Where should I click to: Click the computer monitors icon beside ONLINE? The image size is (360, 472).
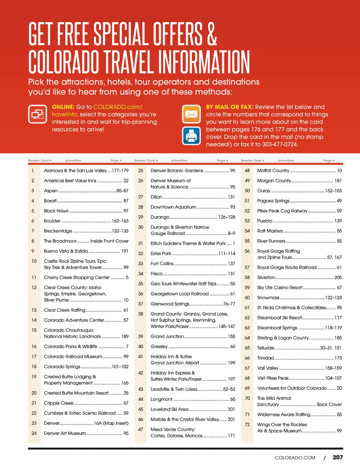(x=37, y=114)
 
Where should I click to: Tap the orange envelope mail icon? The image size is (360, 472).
(x=191, y=114)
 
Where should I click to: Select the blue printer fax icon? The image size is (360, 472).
(x=191, y=136)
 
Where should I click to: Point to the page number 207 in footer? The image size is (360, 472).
(x=337, y=457)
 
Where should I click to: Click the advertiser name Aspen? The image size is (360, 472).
(x=51, y=191)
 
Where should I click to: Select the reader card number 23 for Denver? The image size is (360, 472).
(x=34, y=423)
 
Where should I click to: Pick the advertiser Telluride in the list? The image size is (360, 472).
(x=265, y=348)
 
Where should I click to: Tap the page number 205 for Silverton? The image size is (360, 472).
(x=338, y=278)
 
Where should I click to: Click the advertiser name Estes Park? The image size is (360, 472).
(x=161, y=254)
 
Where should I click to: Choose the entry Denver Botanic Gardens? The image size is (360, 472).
(x=177, y=171)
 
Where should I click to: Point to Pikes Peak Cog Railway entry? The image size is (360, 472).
(x=282, y=211)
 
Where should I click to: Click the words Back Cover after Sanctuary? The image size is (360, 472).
(x=329, y=404)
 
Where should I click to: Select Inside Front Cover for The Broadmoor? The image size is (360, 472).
(x=109, y=241)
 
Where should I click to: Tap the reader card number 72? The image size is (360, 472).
(x=247, y=425)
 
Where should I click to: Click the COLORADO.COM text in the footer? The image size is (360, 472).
(x=295, y=458)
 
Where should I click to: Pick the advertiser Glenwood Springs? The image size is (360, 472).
(x=170, y=304)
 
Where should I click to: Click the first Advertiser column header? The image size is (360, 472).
(x=73, y=161)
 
